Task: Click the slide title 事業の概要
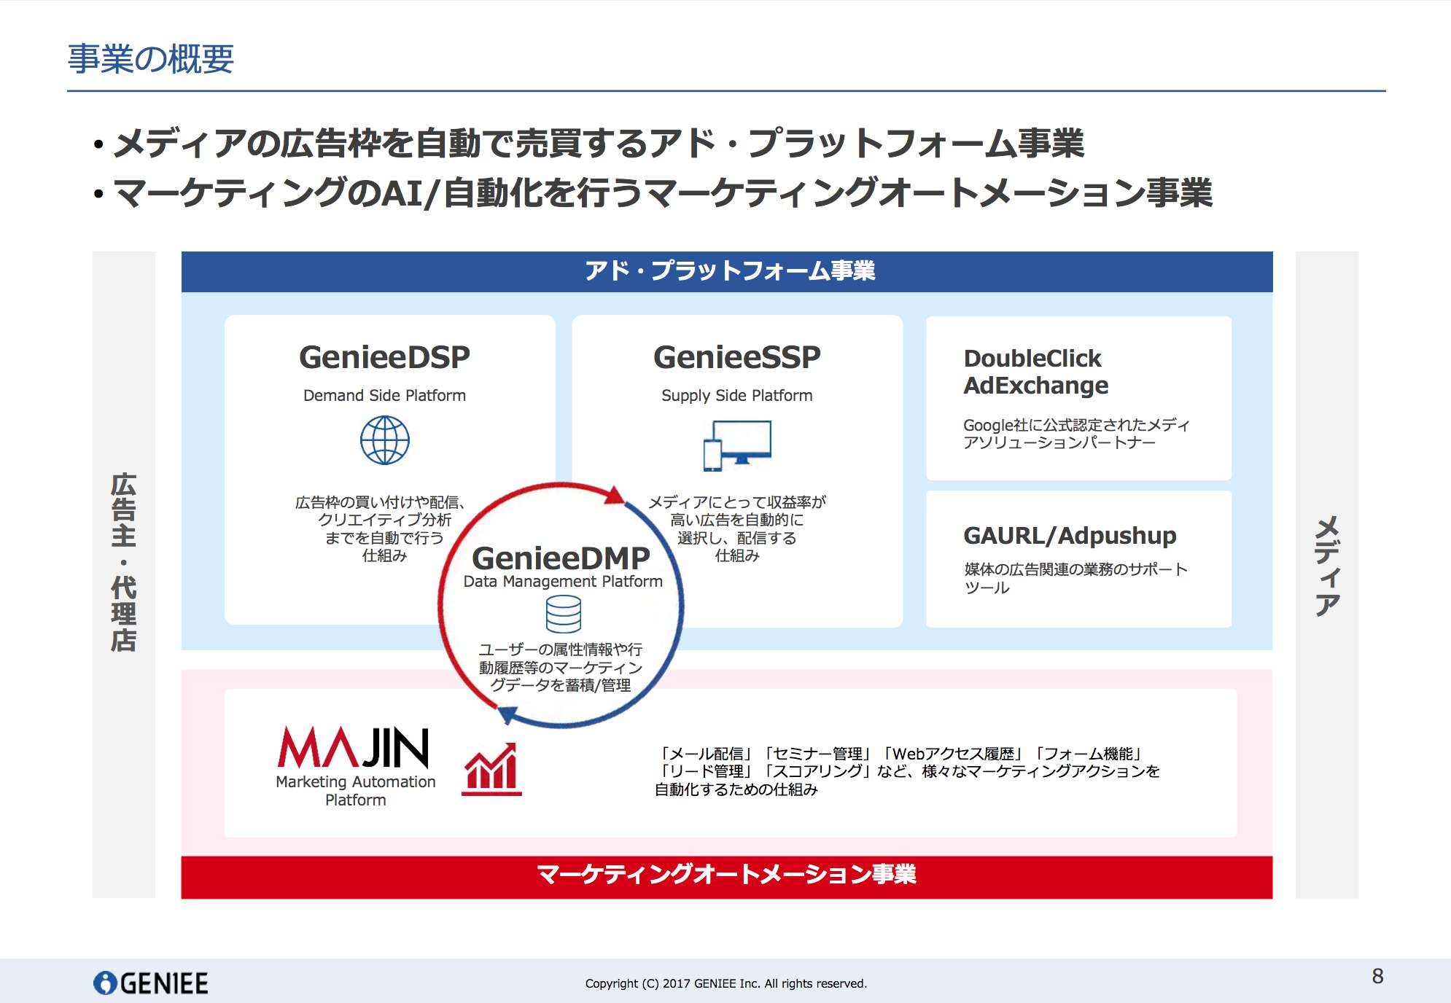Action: (151, 59)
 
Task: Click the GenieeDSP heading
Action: (384, 357)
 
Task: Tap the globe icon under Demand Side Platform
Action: (385, 440)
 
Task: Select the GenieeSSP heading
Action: (736, 357)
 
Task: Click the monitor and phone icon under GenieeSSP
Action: (737, 445)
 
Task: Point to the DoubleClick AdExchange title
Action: (1035, 372)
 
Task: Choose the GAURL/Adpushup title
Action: (1070, 536)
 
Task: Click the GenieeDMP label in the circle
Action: (561, 558)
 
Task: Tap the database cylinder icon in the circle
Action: (564, 614)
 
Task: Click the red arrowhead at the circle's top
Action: (615, 496)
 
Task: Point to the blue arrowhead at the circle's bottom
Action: (507, 714)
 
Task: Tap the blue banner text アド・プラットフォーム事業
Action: (729, 271)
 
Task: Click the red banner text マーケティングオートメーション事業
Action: (726, 874)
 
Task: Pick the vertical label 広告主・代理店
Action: (124, 561)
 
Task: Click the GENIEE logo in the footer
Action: (151, 983)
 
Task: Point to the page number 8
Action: (1377, 976)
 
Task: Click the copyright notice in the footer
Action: (726, 983)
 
